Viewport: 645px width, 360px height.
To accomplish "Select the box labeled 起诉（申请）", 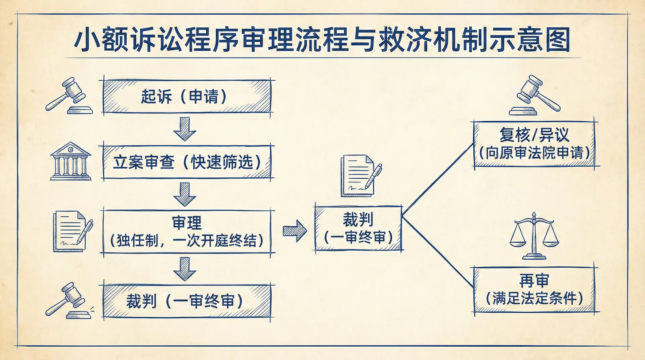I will [187, 96].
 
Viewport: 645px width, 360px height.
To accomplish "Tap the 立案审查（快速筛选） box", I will [187, 162].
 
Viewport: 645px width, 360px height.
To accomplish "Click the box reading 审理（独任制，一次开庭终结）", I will [187, 232].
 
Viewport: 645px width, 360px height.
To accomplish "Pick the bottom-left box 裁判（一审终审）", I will [187, 301].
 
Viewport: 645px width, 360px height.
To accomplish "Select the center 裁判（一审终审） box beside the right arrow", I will [358, 228].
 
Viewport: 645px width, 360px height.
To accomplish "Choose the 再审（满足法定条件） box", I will [534, 289].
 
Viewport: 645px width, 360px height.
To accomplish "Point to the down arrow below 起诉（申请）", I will [184, 129].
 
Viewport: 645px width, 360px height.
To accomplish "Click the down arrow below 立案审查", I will [184, 194].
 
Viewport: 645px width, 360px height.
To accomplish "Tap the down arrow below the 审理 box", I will [184, 269].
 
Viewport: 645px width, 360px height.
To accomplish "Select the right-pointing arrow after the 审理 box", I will [295, 231].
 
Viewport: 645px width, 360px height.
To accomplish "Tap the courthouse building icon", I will [71, 161].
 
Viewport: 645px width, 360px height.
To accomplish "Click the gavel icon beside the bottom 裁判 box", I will [69, 301].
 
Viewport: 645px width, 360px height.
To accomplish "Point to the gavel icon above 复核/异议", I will [535, 95].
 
